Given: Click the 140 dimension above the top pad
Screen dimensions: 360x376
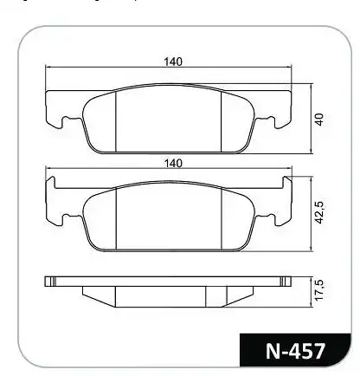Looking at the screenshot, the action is tap(173, 62).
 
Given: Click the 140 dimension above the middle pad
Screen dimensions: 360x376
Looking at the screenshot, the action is tap(173, 164).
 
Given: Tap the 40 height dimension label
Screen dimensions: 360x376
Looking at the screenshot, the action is tap(319, 120).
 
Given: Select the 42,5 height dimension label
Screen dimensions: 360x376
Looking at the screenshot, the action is tap(319, 212).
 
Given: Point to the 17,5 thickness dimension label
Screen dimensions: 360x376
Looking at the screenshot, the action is tap(319, 290).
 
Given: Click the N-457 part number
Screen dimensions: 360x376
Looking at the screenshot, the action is tap(295, 351).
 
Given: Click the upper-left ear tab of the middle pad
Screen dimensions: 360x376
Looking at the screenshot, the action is tap(50, 183).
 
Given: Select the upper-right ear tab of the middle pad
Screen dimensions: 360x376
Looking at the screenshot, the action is tap(287, 183).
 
